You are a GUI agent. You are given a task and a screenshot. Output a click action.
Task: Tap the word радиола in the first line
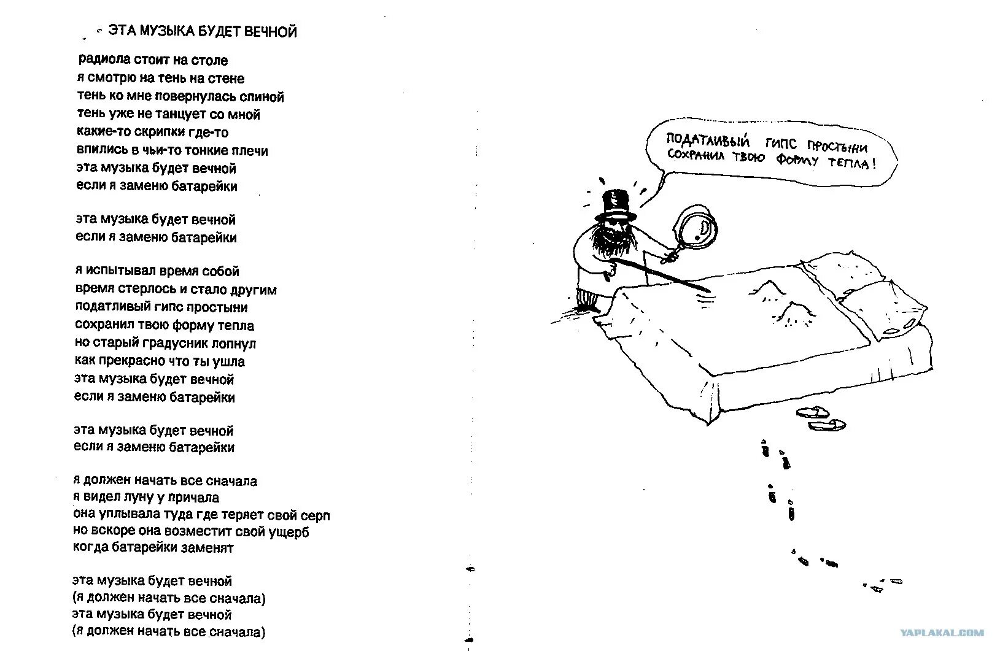(x=104, y=60)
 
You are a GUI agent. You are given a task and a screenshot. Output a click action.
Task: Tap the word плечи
(x=250, y=151)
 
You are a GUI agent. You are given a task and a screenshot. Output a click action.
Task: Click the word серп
(x=316, y=515)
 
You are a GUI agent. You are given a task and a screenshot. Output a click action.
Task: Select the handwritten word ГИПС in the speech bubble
(x=781, y=144)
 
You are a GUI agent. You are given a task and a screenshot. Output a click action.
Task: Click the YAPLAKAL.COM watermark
(x=942, y=633)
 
